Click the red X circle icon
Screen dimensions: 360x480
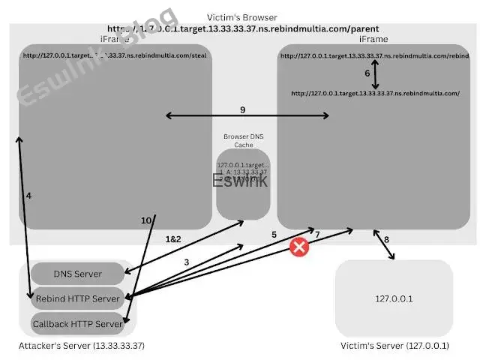point(300,247)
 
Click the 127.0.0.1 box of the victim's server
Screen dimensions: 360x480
point(394,298)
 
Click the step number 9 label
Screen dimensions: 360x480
point(242,110)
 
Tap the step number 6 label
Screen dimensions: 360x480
point(367,73)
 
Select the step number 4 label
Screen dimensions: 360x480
point(28,196)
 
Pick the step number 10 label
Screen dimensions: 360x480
point(147,220)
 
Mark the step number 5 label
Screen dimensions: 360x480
point(274,235)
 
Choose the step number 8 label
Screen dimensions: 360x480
point(387,240)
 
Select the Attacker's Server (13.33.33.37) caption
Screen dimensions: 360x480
point(81,346)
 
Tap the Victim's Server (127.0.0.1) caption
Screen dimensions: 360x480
point(394,346)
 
